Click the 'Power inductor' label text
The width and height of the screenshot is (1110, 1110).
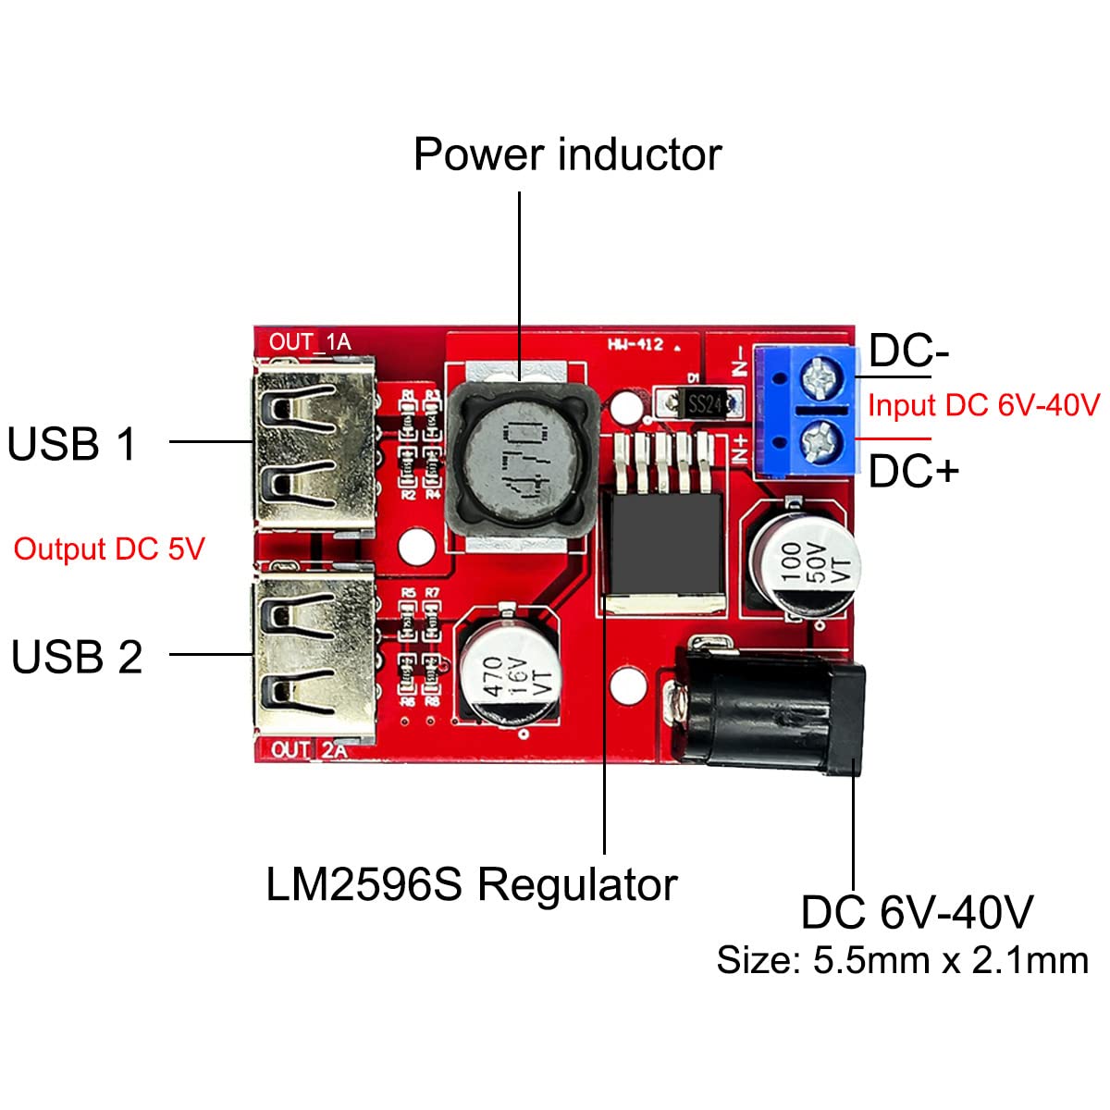567,154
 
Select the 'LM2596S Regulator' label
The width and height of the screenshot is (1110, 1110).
471,885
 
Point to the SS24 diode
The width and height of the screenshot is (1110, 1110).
705,403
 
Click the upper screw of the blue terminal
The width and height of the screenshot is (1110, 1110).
820,375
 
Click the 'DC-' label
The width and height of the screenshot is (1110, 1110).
908,351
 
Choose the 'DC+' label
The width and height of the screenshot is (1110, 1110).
912,472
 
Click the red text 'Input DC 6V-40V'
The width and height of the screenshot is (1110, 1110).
983,405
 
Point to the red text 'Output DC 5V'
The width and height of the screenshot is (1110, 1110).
108,549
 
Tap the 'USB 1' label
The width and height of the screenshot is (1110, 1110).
72,444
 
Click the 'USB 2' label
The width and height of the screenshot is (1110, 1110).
77,657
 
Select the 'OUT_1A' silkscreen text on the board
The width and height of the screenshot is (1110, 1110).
310,342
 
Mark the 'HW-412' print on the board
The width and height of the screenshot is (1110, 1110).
635,345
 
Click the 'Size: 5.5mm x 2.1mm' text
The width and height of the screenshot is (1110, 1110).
902,960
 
